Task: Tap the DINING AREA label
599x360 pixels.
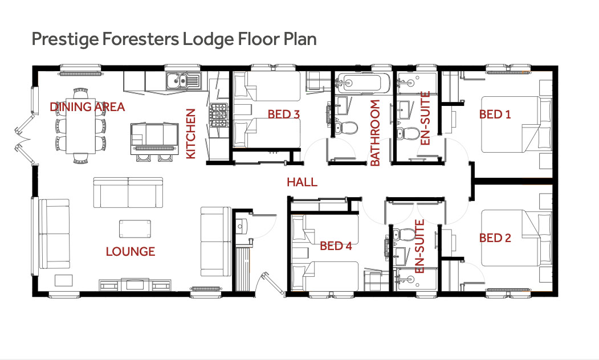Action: pos(87,107)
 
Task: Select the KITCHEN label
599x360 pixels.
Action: pos(190,134)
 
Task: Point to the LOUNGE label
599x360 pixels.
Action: pos(131,252)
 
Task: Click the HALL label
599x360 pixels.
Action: pos(302,182)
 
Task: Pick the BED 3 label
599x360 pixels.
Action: pos(284,114)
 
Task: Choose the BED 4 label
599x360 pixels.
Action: pos(336,246)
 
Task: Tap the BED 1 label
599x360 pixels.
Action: pos(495,114)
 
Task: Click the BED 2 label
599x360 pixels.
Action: pos(495,238)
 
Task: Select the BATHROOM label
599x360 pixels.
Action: pos(375,133)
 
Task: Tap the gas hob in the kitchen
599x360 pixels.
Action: pos(218,115)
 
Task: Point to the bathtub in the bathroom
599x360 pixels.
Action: pos(362,82)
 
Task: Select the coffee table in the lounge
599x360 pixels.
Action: pos(135,228)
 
